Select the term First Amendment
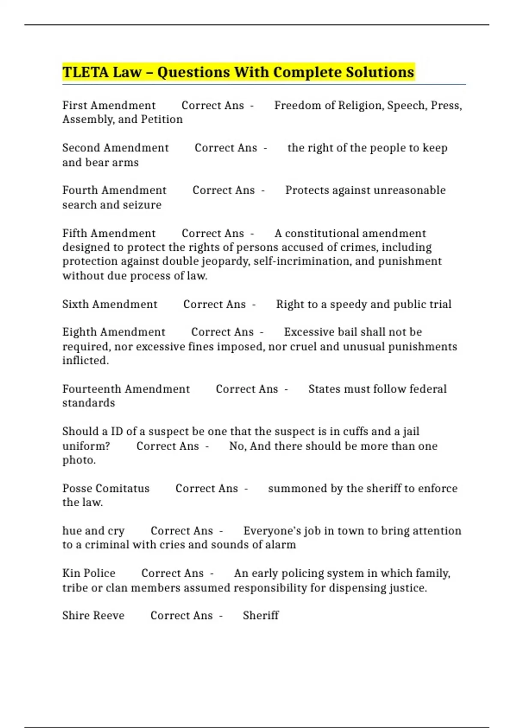(109, 105)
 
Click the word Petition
(162, 119)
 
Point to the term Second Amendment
(115, 148)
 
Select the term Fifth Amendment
(109, 233)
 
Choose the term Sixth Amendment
(110, 304)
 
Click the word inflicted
(86, 361)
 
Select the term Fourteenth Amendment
(126, 389)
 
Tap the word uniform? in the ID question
(86, 446)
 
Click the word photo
(79, 460)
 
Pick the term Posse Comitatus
(106, 489)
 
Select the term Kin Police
(89, 573)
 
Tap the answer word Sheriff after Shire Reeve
(260, 615)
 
